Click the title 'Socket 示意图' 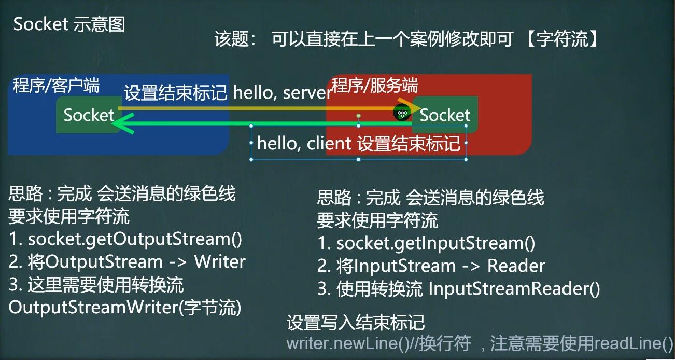(x=69, y=24)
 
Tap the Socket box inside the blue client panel (x=89, y=115)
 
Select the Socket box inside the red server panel (x=445, y=115)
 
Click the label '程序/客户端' (x=56, y=85)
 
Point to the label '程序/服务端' (x=375, y=85)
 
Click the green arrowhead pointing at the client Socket (x=124, y=123)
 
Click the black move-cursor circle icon (x=402, y=113)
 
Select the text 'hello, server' (x=283, y=92)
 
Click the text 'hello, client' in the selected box (x=304, y=143)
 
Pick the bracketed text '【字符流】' (x=562, y=39)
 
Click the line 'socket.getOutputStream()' (x=135, y=240)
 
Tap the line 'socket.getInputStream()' (x=435, y=243)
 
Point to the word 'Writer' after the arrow (x=220, y=262)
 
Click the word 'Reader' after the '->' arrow (x=516, y=266)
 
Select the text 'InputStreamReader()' (x=514, y=289)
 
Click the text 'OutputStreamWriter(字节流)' (x=125, y=308)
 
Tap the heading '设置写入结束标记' (x=356, y=323)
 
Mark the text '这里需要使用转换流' (x=105, y=285)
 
